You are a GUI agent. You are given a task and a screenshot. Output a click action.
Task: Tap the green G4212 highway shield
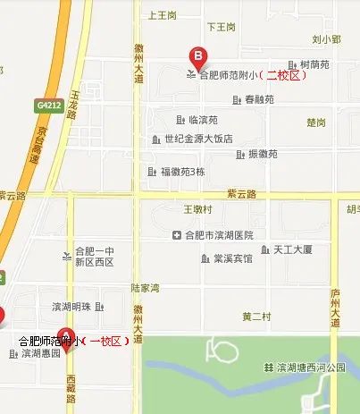[x=49, y=106]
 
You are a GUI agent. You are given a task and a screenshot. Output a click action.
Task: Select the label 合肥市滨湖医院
[x=219, y=235]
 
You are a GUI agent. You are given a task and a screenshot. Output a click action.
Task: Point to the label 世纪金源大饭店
[x=197, y=139]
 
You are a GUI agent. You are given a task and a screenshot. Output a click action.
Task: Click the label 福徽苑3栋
[x=182, y=171]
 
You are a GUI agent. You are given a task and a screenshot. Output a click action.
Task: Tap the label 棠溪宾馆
[x=232, y=258]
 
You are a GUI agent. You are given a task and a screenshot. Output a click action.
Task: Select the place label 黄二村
[x=255, y=317]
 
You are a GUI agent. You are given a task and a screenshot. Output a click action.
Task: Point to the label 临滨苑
[x=203, y=119]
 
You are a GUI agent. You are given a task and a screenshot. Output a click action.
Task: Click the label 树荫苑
[x=314, y=64]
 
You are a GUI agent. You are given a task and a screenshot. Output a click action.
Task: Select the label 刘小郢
[x=326, y=39]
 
